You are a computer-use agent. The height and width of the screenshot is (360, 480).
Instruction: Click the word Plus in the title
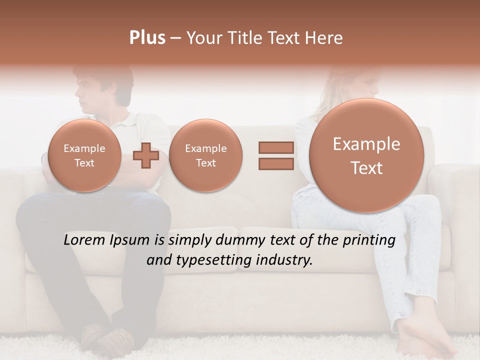pos(147,38)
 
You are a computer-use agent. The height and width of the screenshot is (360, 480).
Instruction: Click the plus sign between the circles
pos(146,155)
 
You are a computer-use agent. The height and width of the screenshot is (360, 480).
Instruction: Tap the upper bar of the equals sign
pos(276,147)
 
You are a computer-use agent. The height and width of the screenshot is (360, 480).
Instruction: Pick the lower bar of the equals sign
pos(276,163)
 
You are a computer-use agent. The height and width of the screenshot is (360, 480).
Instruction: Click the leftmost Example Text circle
pos(84,155)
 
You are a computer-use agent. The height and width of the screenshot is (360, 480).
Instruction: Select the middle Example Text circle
pos(205,155)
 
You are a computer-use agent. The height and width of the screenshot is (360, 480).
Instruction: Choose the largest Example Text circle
pos(366,155)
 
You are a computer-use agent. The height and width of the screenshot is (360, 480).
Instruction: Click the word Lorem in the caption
pos(84,240)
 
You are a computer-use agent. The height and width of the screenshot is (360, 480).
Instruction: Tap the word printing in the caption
pos(368,240)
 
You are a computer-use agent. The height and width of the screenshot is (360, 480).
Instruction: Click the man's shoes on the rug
pos(107,339)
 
